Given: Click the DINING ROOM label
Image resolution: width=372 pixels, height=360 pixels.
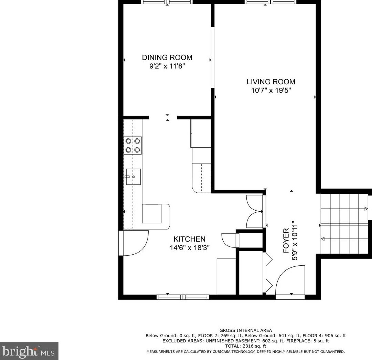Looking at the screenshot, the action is (x=167, y=57).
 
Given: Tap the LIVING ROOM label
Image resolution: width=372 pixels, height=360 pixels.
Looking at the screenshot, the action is (x=271, y=82).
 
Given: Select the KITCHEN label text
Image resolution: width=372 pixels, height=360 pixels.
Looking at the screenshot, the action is (x=189, y=239).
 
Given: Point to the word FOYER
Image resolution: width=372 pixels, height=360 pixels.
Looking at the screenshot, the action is (x=286, y=240).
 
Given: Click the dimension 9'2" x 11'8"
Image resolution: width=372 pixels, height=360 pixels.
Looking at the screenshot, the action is (x=167, y=66).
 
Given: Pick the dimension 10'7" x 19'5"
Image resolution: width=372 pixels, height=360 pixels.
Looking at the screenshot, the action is (x=271, y=91).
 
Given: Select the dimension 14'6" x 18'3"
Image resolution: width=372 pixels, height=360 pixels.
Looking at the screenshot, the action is (x=189, y=248).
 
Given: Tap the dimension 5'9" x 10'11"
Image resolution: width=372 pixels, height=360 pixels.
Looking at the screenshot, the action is (x=295, y=241).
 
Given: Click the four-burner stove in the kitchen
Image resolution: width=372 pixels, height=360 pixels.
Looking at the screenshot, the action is (x=132, y=146).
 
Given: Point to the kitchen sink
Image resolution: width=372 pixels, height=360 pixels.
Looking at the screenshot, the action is (x=133, y=177).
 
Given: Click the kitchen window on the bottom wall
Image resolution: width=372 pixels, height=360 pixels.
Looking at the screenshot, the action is (x=183, y=297).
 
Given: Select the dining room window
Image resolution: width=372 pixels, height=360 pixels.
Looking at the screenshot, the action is (x=167, y=2).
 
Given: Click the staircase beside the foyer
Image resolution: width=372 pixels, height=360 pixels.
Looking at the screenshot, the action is (x=344, y=224).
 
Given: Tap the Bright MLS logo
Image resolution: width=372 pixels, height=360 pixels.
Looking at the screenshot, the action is (x=29, y=351).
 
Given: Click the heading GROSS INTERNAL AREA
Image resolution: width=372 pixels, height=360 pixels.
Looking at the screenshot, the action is (x=246, y=330).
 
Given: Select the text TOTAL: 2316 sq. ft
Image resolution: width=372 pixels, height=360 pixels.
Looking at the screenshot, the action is (x=246, y=346).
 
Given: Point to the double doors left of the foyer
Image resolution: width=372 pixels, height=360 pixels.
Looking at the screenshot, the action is (x=254, y=211).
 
